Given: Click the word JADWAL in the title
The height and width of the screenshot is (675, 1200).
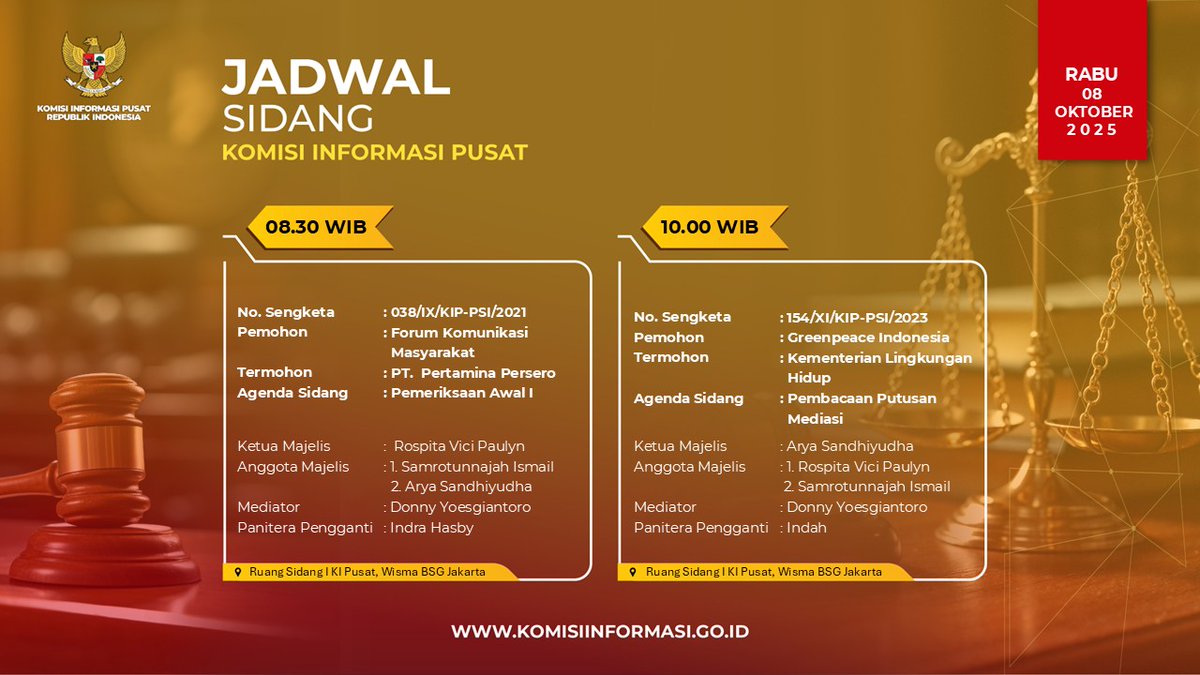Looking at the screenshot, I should point(335,78).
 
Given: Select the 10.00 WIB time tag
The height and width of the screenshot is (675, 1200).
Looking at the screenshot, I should point(709,227).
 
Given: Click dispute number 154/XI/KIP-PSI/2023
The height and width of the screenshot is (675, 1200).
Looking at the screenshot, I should point(857,317).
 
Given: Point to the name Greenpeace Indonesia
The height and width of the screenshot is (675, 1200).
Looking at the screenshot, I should point(867,337).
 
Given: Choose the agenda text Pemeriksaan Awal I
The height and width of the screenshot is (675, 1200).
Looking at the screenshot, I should point(461,393).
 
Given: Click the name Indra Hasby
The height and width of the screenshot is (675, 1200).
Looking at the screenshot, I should point(431,527).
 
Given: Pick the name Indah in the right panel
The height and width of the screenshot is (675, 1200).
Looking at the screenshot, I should point(807,527).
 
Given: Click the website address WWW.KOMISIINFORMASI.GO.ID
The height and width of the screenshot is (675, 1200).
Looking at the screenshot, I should point(600,632).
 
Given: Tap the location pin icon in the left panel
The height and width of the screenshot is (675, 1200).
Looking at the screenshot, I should point(237,572).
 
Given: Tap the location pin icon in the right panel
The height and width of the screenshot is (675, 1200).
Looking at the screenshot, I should point(633,572).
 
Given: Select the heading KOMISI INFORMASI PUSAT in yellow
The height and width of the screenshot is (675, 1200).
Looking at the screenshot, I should point(374,154).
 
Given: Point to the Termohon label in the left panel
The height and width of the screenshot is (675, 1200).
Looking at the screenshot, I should point(274,373).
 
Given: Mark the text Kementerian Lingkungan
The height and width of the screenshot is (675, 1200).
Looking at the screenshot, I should point(879,358).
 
